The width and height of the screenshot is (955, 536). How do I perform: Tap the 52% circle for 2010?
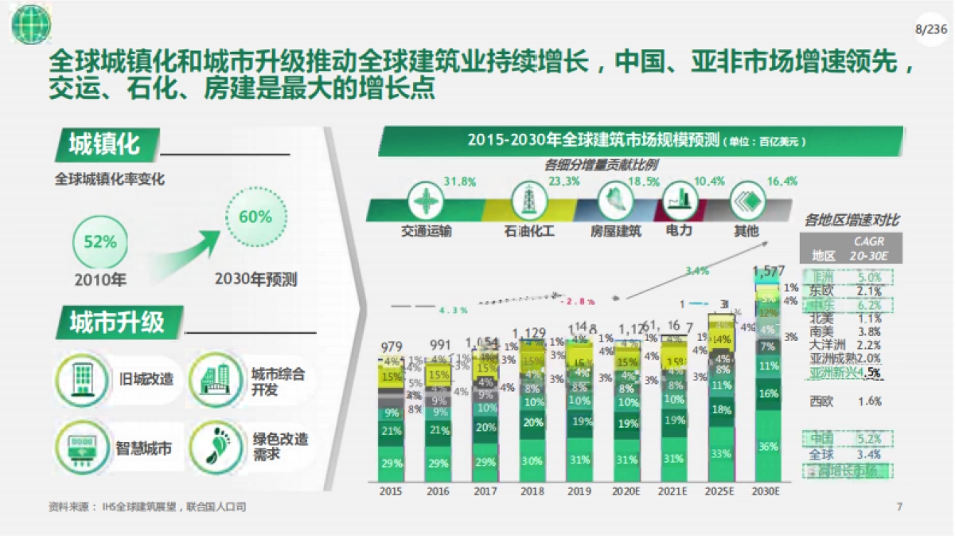pyautogui.click(x=100, y=242)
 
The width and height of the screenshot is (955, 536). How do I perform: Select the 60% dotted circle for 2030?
pyautogui.click(x=255, y=217)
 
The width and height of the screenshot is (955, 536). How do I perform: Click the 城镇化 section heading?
pyautogui.click(x=103, y=145)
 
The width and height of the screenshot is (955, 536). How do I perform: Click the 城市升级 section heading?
pyautogui.click(x=116, y=323)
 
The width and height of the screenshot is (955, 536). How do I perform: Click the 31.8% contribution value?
pyautogui.click(x=459, y=182)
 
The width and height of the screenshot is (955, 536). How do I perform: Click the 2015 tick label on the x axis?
pyautogui.click(x=391, y=491)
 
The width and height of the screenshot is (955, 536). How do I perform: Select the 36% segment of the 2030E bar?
pyautogui.click(x=768, y=447)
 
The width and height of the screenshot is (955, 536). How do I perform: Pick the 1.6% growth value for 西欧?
pyautogui.click(x=869, y=401)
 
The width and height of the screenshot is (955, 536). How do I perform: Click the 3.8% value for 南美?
pyautogui.click(x=869, y=332)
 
